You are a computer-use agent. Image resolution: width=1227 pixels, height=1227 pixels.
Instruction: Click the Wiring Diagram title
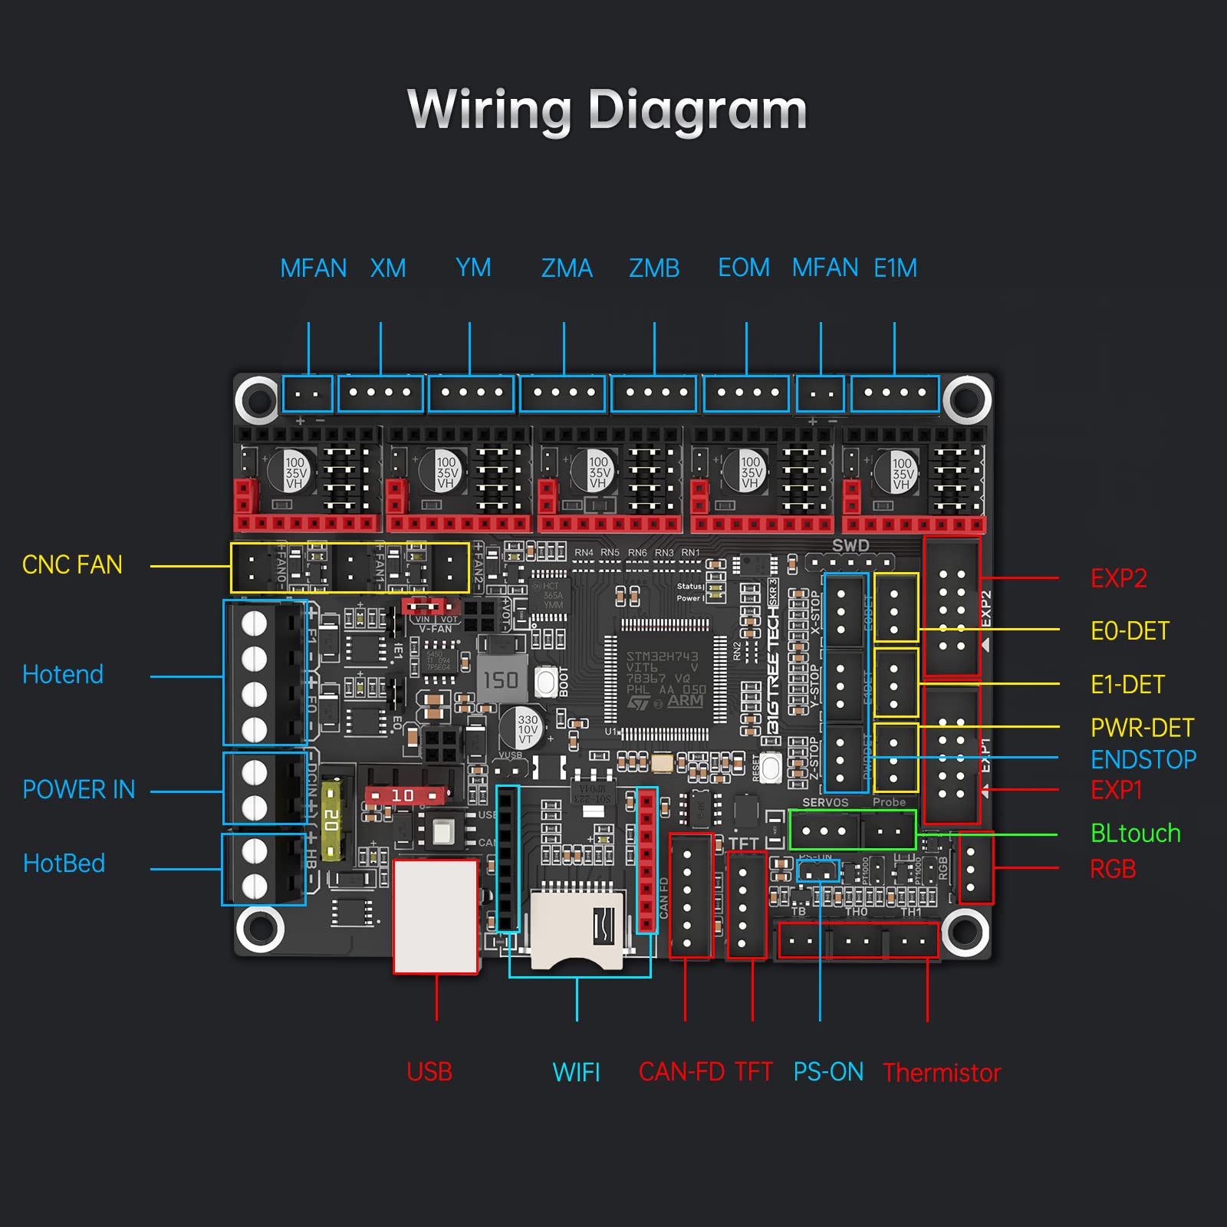tap(607, 110)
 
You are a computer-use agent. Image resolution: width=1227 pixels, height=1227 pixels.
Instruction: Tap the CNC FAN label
tap(72, 565)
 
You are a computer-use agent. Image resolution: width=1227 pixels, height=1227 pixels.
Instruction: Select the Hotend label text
tap(63, 675)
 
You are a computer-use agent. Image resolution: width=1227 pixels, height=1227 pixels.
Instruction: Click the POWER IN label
tap(78, 790)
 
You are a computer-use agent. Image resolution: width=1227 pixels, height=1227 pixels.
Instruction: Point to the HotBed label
tap(64, 864)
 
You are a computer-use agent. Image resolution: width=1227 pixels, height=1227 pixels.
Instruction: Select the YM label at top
tap(473, 268)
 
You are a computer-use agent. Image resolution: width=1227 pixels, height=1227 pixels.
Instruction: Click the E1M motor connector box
tap(895, 393)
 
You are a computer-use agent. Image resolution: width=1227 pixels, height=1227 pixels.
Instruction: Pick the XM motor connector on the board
tap(380, 393)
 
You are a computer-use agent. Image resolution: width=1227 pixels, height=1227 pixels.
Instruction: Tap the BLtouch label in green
tap(1135, 834)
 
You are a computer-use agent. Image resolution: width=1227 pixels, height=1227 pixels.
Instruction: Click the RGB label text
tap(1113, 870)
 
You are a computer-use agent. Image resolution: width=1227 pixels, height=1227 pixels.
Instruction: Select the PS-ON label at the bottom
tap(828, 1072)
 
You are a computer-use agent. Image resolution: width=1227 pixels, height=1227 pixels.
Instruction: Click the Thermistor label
tap(942, 1073)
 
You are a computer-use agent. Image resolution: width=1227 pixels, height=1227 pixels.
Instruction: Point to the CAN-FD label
tap(681, 1072)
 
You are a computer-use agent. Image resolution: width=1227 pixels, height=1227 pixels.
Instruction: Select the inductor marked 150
tap(501, 679)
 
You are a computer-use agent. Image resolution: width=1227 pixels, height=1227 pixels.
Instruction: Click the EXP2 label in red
tap(1119, 578)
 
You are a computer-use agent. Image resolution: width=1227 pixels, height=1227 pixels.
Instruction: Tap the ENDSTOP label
tap(1143, 760)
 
